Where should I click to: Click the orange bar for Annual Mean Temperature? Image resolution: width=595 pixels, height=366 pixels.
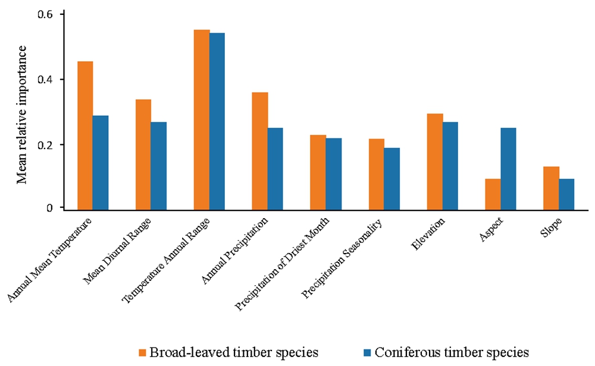[x=85, y=135]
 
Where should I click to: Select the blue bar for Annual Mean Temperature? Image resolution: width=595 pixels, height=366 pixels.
[x=101, y=162]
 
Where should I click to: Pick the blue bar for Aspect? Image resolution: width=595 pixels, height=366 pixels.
[x=509, y=168]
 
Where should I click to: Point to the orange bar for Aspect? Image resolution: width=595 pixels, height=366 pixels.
[x=493, y=193]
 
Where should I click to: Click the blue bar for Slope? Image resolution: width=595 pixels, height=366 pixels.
[x=566, y=193]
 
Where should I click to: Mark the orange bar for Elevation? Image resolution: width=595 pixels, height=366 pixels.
[x=435, y=161]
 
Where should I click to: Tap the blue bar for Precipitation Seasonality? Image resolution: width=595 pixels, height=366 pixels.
[x=392, y=178]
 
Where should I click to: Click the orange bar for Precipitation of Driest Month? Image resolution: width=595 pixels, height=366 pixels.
[x=318, y=172]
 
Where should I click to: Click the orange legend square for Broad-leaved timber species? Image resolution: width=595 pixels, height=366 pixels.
[x=143, y=352]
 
